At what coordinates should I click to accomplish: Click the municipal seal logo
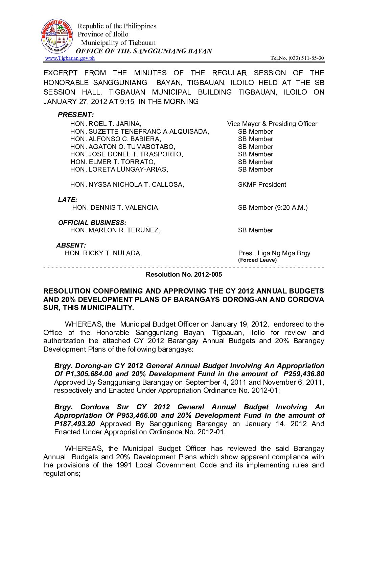[x=57, y=36]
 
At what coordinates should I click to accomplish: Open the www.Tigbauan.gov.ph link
[x=70, y=58]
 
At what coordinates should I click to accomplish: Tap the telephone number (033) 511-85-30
[x=306, y=58]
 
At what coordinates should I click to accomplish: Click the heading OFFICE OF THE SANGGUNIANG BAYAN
[x=144, y=51]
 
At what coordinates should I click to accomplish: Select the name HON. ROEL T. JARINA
[x=106, y=124]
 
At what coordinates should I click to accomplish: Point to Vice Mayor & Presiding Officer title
[x=272, y=124]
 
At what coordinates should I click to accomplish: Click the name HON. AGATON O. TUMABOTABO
[x=122, y=147]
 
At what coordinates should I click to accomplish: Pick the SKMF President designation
[x=262, y=184]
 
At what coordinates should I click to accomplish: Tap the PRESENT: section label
[x=75, y=115]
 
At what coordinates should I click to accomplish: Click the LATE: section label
[x=68, y=200]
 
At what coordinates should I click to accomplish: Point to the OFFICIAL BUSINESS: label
[x=92, y=223]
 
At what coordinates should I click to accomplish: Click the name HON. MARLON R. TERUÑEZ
[x=115, y=230]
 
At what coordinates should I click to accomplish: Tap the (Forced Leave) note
[x=257, y=260]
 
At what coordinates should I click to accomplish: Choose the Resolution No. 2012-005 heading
[x=184, y=274]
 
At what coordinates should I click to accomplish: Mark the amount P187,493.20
[x=74, y=424]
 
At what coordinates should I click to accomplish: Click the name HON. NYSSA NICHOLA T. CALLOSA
[x=127, y=184]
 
